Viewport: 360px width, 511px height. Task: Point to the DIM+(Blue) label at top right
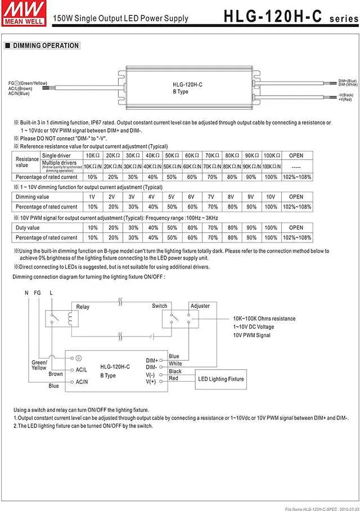point(348,81)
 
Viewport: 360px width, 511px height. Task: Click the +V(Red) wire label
point(345,99)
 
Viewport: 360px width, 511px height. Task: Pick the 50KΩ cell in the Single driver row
point(172,155)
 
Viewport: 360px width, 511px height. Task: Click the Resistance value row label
point(26,162)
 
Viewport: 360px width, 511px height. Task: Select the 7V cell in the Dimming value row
point(211,197)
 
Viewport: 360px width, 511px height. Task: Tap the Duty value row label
point(28,228)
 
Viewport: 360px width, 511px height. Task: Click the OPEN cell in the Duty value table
point(296,228)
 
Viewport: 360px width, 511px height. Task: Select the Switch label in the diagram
point(160,306)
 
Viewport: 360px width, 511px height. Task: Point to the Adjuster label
point(200,306)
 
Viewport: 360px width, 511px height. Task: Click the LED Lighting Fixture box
point(221,379)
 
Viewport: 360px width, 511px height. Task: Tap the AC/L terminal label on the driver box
point(81,370)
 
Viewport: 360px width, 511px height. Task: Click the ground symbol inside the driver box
point(79,358)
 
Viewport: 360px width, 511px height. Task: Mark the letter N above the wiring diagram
point(26,293)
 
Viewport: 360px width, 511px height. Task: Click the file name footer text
point(321,508)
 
